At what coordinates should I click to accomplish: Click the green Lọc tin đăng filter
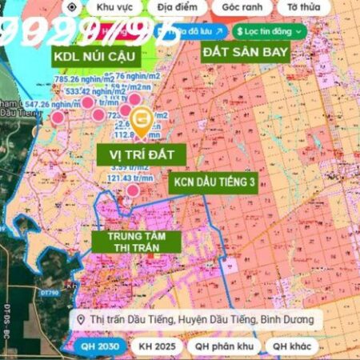(270, 30)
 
